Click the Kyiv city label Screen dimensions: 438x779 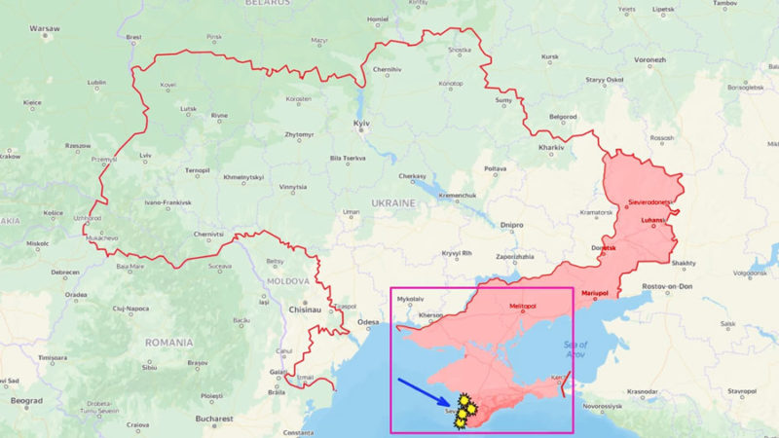tap(361, 127)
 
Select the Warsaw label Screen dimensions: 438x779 tap(45, 29)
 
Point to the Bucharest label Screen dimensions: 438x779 tap(213, 419)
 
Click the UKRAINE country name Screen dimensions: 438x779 tap(393, 202)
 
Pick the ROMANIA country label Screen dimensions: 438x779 tap(167, 343)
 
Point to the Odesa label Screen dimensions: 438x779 tap(368, 321)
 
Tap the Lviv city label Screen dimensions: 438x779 tap(146, 155)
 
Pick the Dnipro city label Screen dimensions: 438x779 tap(511, 225)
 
